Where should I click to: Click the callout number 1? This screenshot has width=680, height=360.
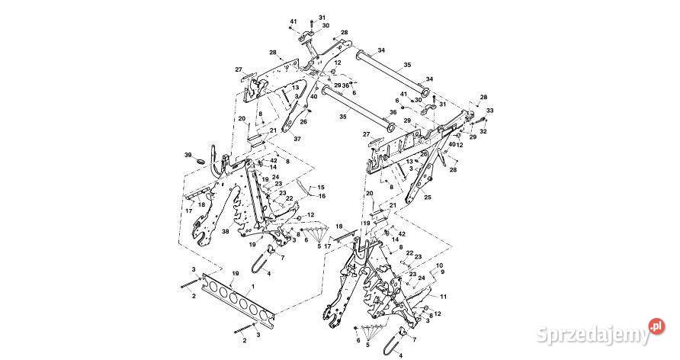(253, 287)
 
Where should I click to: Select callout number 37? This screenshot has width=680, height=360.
(297, 140)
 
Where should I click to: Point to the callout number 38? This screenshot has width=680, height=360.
(225, 232)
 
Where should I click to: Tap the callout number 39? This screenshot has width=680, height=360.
(188, 155)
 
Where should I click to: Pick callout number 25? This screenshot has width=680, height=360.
(428, 198)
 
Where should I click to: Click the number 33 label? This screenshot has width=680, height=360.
(490, 111)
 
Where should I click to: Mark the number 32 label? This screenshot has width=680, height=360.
(483, 131)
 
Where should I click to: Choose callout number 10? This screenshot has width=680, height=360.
(439, 265)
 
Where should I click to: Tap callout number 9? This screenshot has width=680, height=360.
(442, 272)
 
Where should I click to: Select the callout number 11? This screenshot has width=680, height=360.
(443, 297)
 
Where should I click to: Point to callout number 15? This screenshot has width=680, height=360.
(321, 188)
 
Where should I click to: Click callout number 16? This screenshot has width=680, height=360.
(322, 196)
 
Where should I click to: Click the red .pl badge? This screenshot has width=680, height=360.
(657, 326)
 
